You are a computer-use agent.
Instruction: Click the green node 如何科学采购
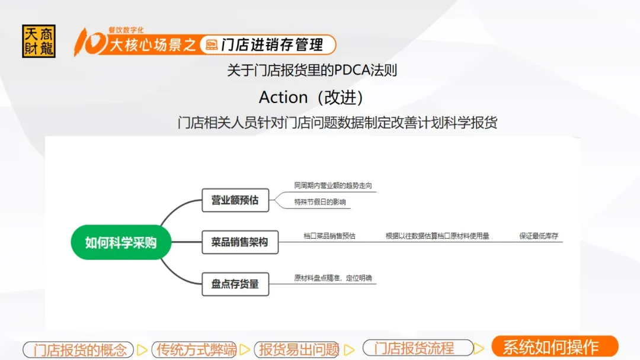coord(121,242)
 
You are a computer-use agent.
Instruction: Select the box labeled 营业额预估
coord(235,200)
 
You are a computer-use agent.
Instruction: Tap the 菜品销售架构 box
coord(240,242)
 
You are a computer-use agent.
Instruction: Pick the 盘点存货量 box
coord(235,284)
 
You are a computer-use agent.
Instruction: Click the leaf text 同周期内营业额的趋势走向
coord(333,185)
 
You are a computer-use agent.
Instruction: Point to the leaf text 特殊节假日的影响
coord(320,202)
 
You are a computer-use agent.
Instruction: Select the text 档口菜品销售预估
coord(329,236)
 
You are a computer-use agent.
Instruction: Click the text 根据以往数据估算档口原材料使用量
coord(437,236)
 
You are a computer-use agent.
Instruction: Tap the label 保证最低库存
coord(539,236)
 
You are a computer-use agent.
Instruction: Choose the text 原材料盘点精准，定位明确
coord(333,278)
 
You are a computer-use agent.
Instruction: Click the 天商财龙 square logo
coord(39,41)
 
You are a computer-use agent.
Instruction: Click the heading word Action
coord(283,98)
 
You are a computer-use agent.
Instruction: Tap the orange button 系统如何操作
coord(555,347)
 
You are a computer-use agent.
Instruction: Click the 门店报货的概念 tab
coord(78,350)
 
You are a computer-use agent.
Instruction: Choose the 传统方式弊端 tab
coord(194,350)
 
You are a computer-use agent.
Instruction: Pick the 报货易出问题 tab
coord(297,350)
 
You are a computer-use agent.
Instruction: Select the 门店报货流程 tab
coord(418,348)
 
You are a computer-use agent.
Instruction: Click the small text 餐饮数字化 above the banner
coord(126,30)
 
